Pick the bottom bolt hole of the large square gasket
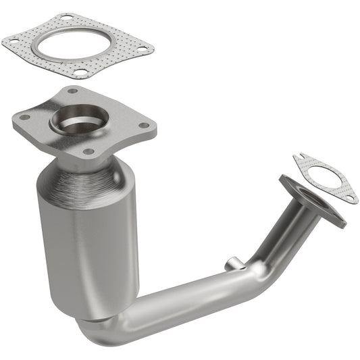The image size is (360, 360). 79,72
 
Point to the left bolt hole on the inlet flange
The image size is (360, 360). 26,118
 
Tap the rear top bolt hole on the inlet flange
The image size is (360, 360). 73,91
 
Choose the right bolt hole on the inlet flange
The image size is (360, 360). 142,124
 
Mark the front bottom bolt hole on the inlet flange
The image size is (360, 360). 88,151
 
